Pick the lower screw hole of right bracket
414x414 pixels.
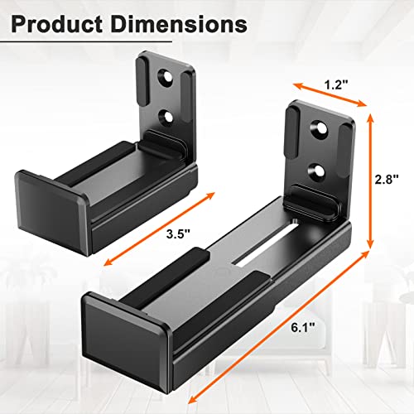[316, 171]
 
